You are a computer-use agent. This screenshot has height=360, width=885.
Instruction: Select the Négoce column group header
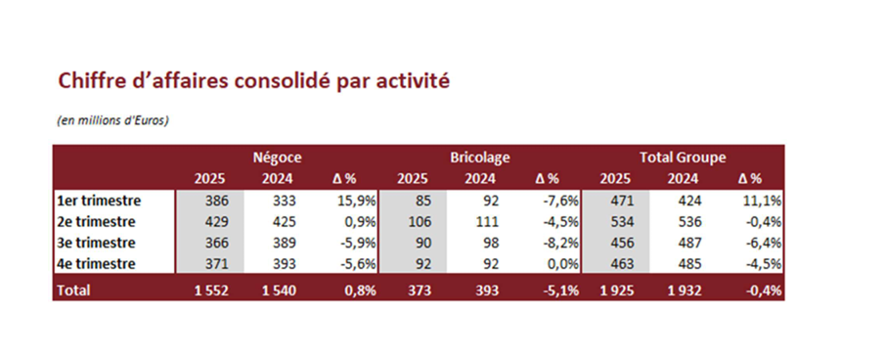[277, 157]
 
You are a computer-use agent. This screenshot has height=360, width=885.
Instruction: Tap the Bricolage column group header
[480, 157]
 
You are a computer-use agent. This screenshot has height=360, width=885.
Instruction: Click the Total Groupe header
[683, 157]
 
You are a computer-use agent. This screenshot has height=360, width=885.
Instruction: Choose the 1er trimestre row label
[99, 201]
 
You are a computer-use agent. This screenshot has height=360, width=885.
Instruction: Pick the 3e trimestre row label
[96, 243]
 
